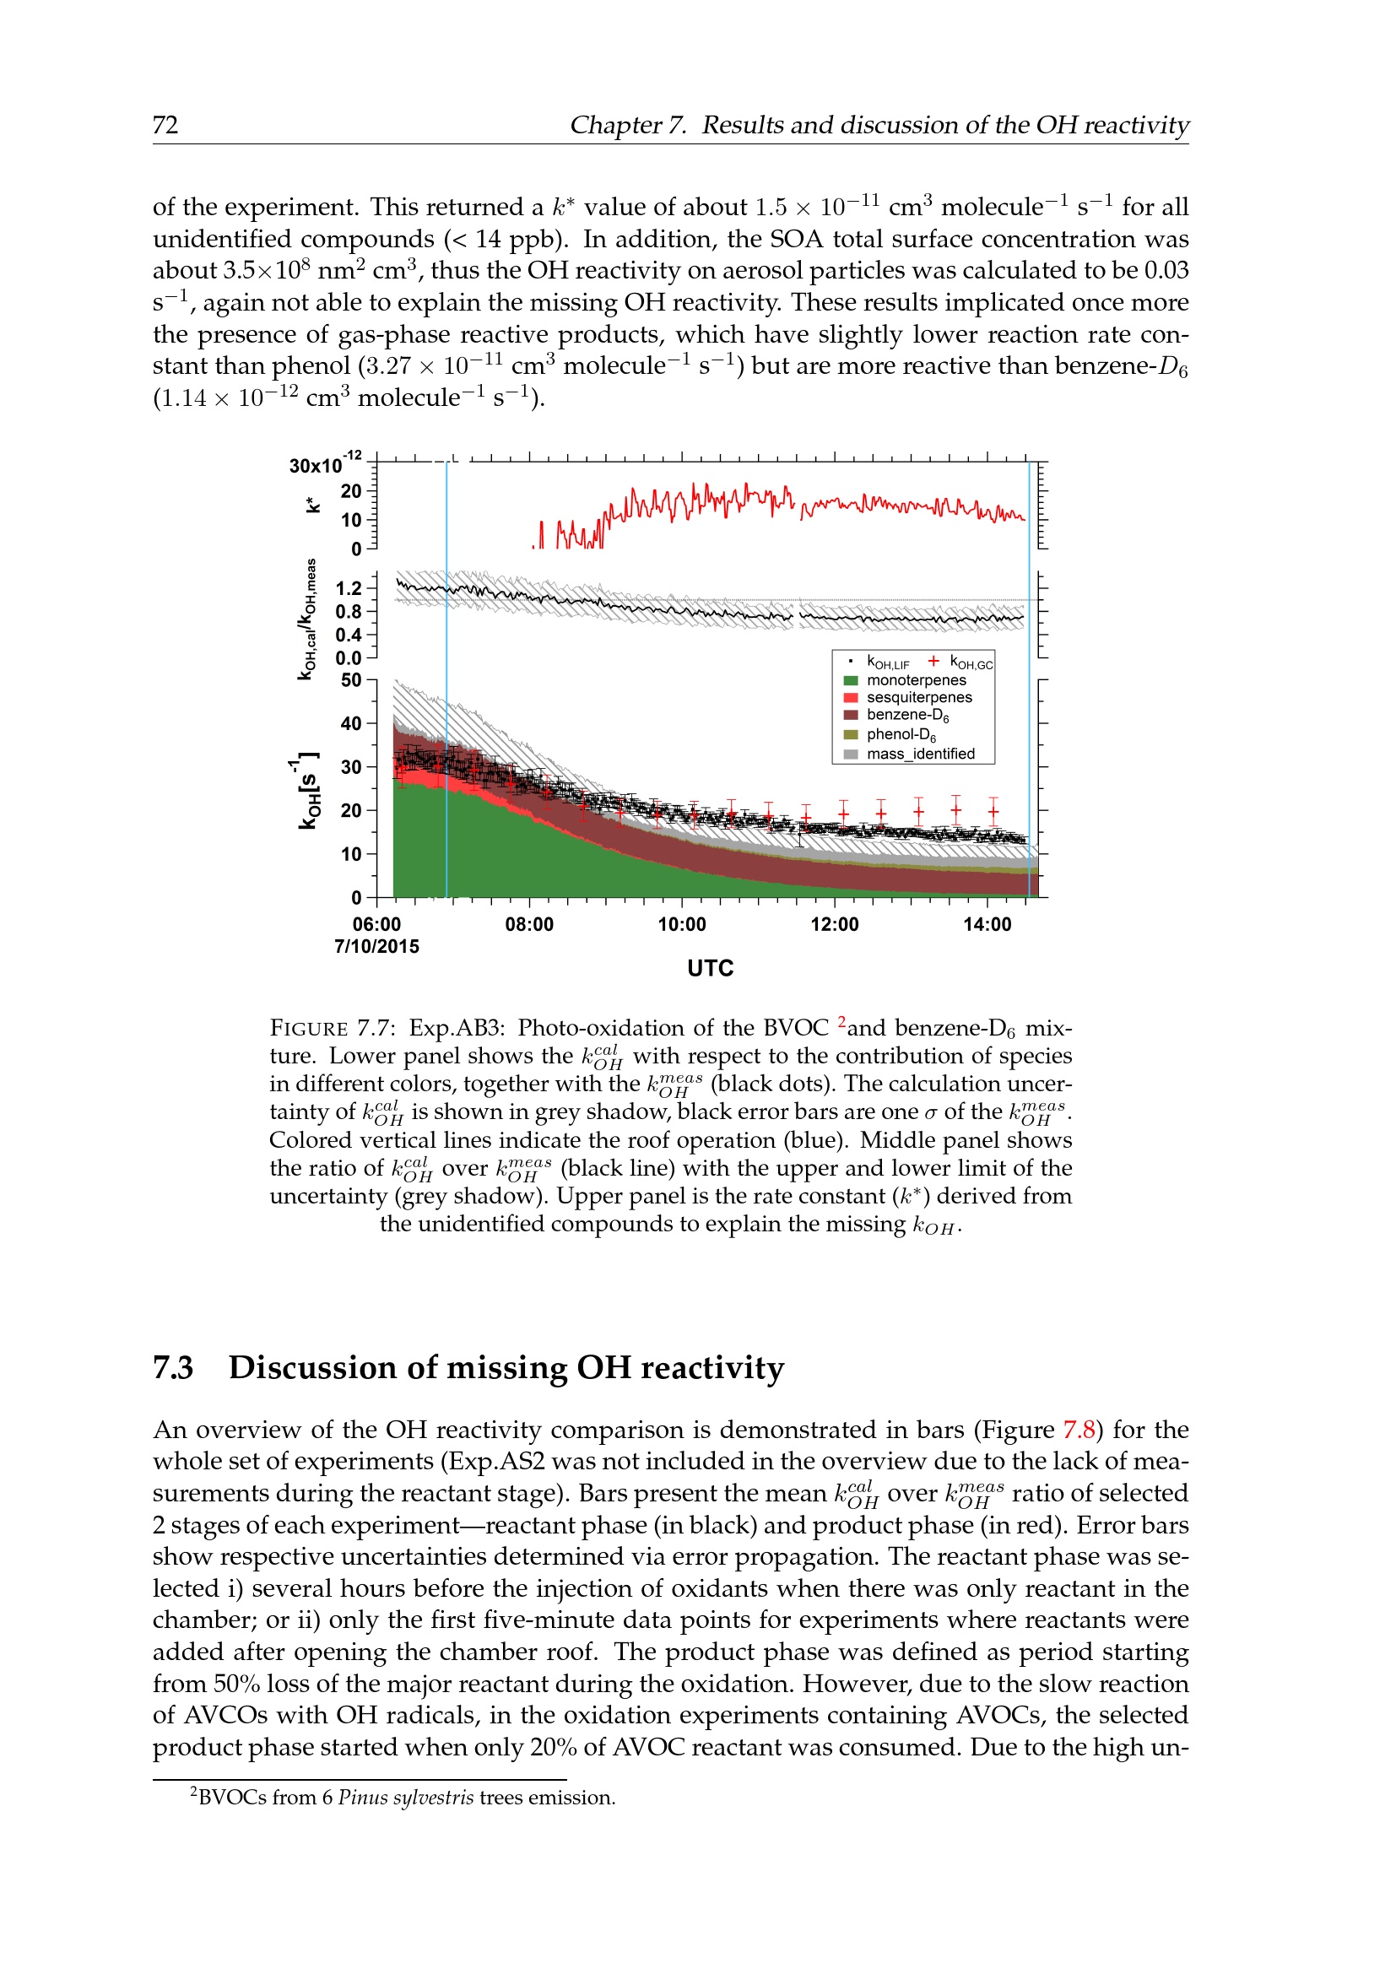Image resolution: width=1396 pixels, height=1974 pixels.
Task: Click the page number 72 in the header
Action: pyautogui.click(x=165, y=126)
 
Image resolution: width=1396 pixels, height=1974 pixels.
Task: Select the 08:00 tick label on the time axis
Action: pyautogui.click(x=528, y=924)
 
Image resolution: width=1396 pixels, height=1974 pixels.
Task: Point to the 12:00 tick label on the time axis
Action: pyautogui.click(x=834, y=924)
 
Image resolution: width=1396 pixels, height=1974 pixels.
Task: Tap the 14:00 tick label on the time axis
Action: pyautogui.click(x=987, y=924)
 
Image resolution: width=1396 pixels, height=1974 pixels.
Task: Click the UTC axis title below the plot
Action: pyautogui.click(x=710, y=968)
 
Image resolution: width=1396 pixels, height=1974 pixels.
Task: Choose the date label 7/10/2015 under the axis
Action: pyautogui.click(x=376, y=947)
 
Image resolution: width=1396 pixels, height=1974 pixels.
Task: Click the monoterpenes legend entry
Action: pyautogui.click(x=916, y=680)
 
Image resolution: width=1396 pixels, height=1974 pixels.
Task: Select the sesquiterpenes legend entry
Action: pyautogui.click(x=919, y=697)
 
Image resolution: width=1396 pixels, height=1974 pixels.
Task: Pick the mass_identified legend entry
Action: pyautogui.click(x=920, y=754)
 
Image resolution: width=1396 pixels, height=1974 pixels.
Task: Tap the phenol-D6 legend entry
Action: pyautogui.click(x=901, y=734)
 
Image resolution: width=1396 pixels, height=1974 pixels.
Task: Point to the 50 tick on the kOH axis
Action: pyautogui.click(x=351, y=680)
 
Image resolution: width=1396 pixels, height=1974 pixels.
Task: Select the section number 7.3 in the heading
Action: pyautogui.click(x=173, y=1368)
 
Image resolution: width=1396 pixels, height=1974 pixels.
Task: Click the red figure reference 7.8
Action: pyautogui.click(x=1079, y=1430)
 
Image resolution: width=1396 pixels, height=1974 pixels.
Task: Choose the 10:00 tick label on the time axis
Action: pyautogui.click(x=682, y=924)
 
